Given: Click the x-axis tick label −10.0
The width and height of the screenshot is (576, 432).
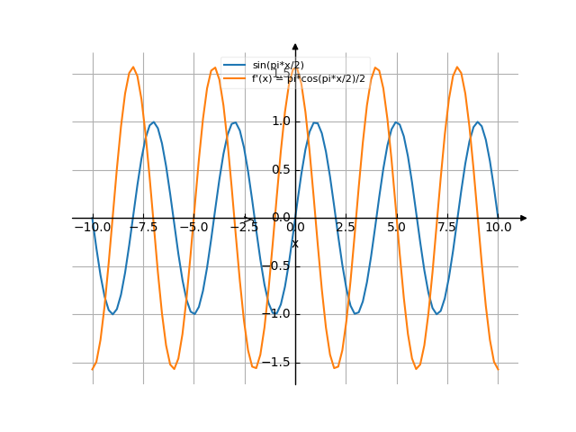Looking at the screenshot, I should coord(92,228).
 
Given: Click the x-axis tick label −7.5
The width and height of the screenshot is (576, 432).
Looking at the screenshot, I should coord(142,228).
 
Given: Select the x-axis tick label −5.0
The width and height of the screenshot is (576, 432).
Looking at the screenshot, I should coord(193,228).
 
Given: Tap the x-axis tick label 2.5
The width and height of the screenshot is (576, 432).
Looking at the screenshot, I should coord(346,228).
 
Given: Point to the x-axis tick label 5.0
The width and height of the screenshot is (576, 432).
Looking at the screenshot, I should coord(396,228).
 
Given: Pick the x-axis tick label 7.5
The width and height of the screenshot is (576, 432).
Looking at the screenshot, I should coord(447,228).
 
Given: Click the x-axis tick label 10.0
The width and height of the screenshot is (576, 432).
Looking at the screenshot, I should coord(498,228).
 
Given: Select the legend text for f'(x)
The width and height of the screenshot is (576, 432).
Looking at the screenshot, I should coord(309,79).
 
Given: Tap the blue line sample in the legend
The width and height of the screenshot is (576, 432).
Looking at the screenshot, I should coord(235,66).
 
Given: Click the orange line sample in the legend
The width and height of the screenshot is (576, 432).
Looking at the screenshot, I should coord(235,79).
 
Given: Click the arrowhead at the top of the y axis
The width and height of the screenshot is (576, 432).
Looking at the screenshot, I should coord(295,45).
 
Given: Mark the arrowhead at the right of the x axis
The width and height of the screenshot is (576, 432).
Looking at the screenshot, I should coord(524,218).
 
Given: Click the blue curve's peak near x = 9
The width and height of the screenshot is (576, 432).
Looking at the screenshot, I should coord(478,122).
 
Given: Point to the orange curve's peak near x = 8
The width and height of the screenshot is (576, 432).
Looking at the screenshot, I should coord(457,67).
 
